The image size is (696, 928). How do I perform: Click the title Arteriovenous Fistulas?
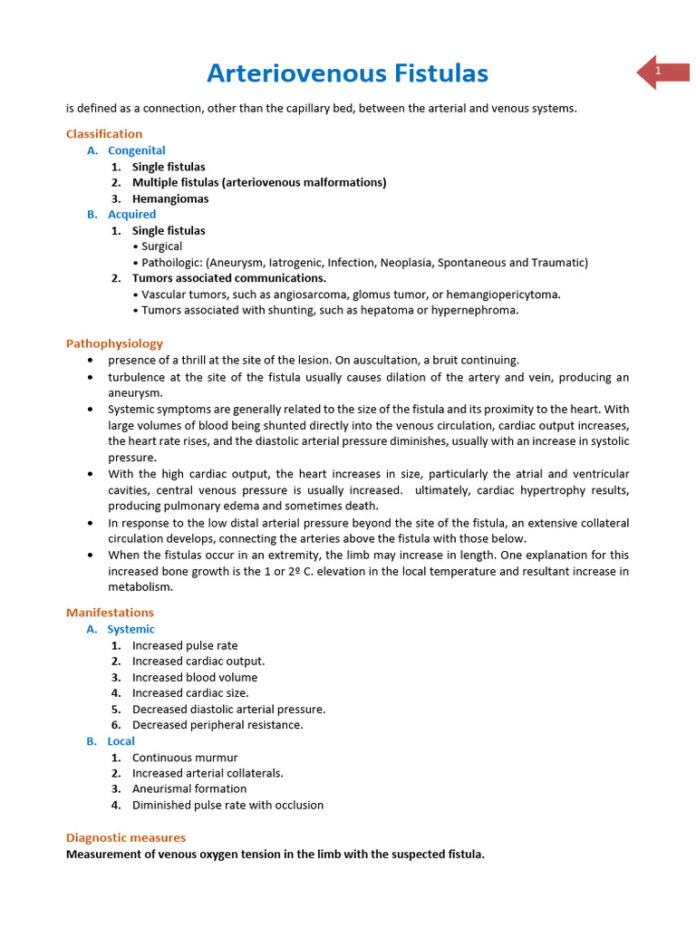(347, 72)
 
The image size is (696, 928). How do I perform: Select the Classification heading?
(104, 134)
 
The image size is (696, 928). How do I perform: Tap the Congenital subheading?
(136, 150)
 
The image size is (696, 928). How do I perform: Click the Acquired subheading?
(131, 214)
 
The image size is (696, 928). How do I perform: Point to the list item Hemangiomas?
(170, 198)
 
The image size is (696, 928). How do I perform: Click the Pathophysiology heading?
(114, 343)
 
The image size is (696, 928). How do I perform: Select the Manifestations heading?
(110, 613)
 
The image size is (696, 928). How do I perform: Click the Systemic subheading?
(130, 629)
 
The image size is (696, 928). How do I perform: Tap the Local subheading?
(121, 741)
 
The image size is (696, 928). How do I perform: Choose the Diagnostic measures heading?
(126, 837)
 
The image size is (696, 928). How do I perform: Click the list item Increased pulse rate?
(185, 645)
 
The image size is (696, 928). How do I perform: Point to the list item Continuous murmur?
(185, 758)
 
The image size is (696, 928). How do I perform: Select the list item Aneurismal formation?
(189, 788)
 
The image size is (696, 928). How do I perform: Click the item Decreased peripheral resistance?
(217, 725)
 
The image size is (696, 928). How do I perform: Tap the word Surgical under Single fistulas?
(161, 246)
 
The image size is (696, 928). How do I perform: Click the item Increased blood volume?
(195, 677)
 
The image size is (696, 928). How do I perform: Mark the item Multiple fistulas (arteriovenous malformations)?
(259, 182)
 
